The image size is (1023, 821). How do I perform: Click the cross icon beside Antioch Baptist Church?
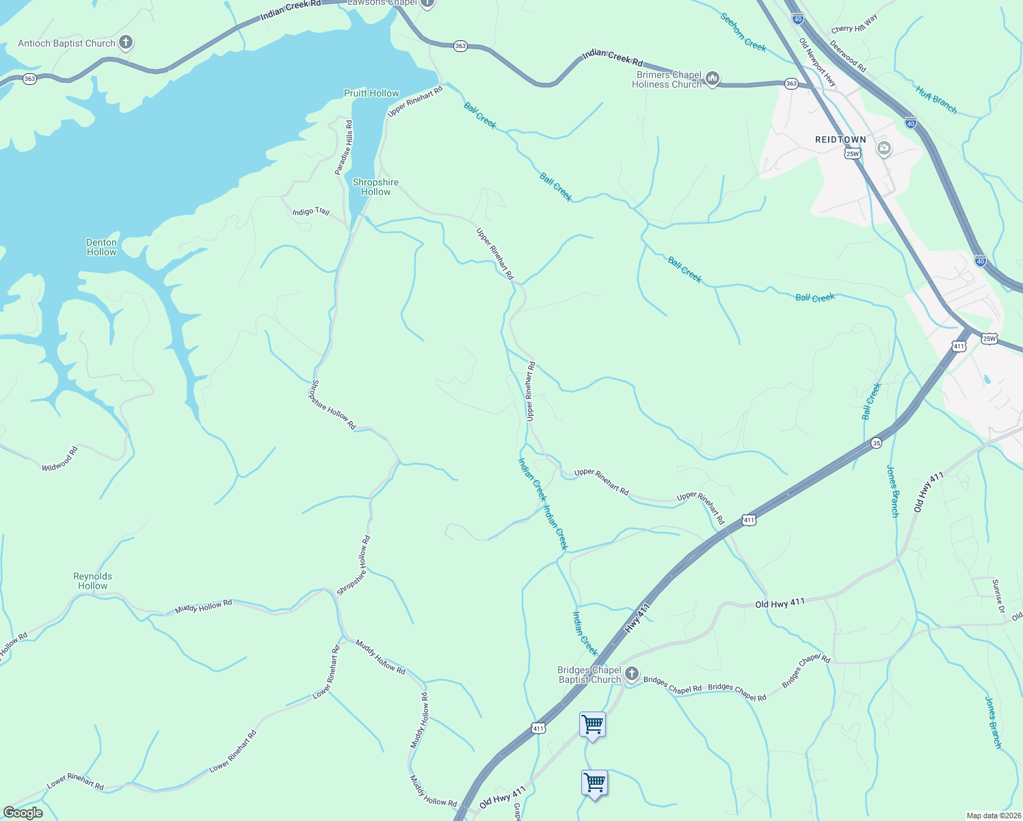click(125, 42)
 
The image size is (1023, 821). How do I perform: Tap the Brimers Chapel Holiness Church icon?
click(712, 79)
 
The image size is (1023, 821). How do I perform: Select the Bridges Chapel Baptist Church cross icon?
click(631, 674)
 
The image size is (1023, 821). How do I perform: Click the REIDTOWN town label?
click(840, 140)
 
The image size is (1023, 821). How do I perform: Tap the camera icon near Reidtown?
click(883, 148)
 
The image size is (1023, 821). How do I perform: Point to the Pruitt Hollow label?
click(371, 93)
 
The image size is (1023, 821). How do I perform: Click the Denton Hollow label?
click(101, 247)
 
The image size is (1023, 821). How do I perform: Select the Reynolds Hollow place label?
click(92, 581)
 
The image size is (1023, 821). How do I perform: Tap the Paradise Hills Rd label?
click(344, 147)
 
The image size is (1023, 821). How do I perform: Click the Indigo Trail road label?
click(310, 211)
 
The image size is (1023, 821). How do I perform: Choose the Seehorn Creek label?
click(743, 31)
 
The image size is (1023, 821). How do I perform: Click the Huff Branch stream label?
click(936, 99)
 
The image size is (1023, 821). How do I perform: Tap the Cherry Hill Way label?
click(854, 24)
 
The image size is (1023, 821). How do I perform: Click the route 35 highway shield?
click(876, 443)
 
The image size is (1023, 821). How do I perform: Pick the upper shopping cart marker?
click(592, 724)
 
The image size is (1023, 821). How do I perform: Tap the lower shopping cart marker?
click(594, 782)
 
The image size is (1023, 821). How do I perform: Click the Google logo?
click(23, 813)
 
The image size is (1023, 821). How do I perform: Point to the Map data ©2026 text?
click(993, 816)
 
